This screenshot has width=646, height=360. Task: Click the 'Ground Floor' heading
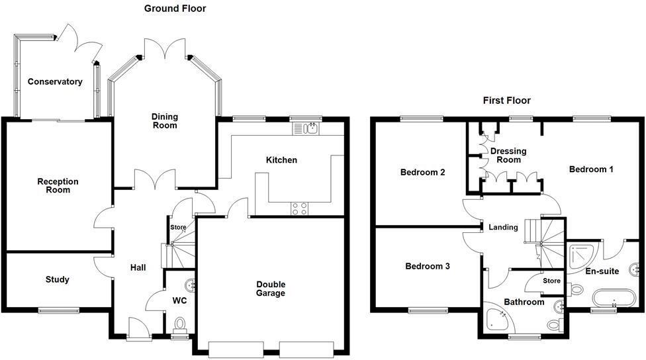point(175,9)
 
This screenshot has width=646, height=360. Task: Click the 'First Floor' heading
point(506,101)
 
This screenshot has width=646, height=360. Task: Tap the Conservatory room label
point(55,82)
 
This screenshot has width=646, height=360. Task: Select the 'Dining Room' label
point(165,121)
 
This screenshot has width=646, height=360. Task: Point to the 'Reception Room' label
point(58,186)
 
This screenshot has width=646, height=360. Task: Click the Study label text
point(58,279)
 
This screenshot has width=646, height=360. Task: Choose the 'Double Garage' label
point(271,289)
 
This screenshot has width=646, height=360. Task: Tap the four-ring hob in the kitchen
point(299,208)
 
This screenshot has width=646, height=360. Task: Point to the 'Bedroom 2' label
point(422,173)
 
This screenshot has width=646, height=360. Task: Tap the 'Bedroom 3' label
point(428,267)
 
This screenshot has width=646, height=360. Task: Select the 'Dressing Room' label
point(508,156)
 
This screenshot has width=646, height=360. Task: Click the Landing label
point(503,228)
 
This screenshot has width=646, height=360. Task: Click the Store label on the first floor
point(551,281)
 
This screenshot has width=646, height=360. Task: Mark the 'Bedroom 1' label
point(591,169)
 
